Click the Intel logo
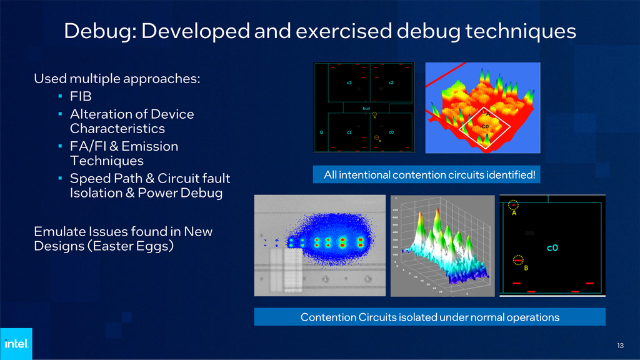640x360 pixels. point(16,343)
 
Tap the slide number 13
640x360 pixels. point(620,346)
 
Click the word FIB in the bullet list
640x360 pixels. point(80,97)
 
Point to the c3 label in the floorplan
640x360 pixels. point(349,82)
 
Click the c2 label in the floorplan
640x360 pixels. point(391,82)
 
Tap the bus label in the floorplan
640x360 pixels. point(367,108)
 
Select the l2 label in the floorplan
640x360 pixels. point(321,132)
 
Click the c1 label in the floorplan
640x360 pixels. point(349,132)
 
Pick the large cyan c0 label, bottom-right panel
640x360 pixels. point(552,247)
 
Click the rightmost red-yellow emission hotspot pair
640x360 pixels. point(360,241)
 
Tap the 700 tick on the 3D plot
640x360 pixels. point(396,211)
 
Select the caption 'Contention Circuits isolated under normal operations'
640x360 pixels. point(429,317)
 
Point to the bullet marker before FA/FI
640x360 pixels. point(59,147)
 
